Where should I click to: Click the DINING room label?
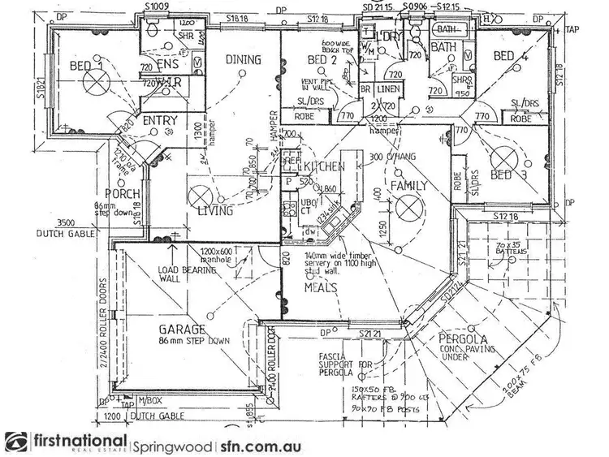243,59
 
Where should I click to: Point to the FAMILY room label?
408,187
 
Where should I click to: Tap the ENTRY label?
160,121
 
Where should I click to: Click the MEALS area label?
322,287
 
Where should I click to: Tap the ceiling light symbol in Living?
199,196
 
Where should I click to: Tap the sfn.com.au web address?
257,443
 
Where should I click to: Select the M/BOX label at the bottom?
150,402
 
